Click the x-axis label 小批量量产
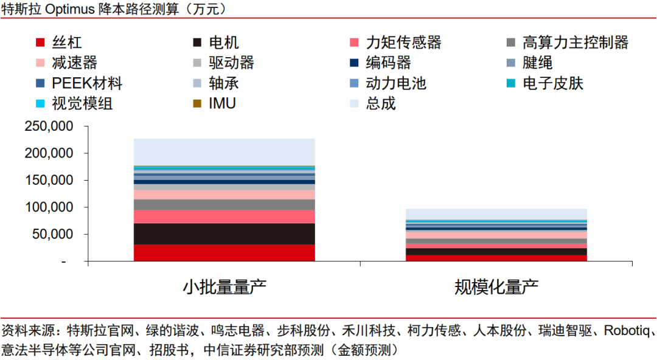coord(224,286)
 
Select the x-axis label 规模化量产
coord(496,286)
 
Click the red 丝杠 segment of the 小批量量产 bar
coord(224,253)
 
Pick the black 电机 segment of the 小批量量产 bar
coord(224,234)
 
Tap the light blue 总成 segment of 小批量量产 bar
coord(224,152)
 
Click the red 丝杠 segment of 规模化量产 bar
coord(496,258)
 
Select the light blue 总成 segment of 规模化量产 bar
coord(496,214)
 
